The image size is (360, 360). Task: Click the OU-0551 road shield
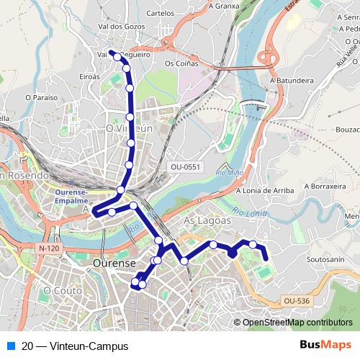(186, 167)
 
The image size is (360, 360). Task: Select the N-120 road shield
(48, 248)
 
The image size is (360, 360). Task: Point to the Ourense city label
(114, 264)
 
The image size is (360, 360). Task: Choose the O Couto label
(58, 290)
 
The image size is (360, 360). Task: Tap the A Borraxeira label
(325, 186)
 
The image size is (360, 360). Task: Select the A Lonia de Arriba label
(264, 191)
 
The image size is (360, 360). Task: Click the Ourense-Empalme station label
(71, 197)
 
